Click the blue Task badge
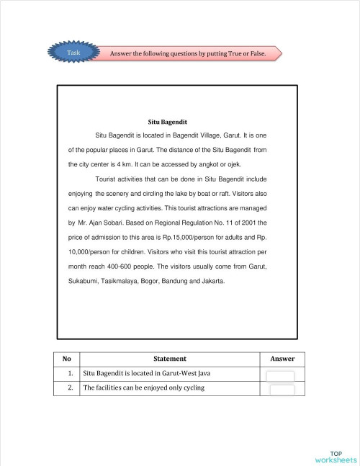[x=74, y=53]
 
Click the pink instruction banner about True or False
[x=193, y=54]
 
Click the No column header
[x=67, y=359]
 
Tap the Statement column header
[x=170, y=359]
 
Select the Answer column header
[x=282, y=359]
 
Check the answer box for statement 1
[x=282, y=375]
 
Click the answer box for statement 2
[x=282, y=390]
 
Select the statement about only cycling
[x=144, y=388]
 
